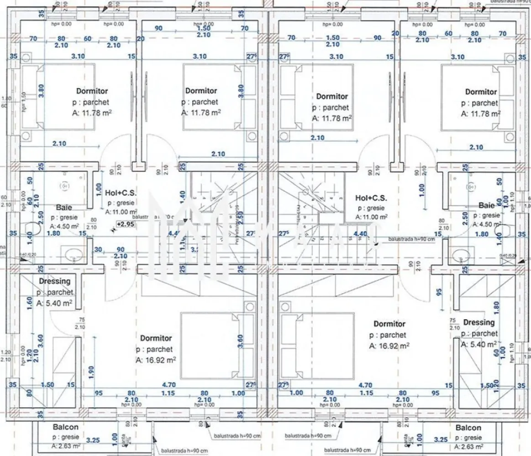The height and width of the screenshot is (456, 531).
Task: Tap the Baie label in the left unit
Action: click(x=63, y=207)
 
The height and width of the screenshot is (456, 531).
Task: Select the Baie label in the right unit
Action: click(x=486, y=206)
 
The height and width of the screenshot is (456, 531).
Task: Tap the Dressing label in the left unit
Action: click(x=54, y=281)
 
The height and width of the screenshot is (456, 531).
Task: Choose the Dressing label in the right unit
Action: click(x=479, y=322)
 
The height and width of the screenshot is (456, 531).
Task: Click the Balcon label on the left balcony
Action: click(x=65, y=427)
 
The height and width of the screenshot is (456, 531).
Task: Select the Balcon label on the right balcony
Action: click(x=468, y=428)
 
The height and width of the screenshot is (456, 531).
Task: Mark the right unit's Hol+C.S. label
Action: click(x=371, y=198)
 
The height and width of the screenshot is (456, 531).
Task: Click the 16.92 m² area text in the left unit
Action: click(x=156, y=360)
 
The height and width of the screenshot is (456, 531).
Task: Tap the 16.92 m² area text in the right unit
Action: click(x=389, y=346)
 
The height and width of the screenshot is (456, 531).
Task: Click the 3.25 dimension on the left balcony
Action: click(x=93, y=440)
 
